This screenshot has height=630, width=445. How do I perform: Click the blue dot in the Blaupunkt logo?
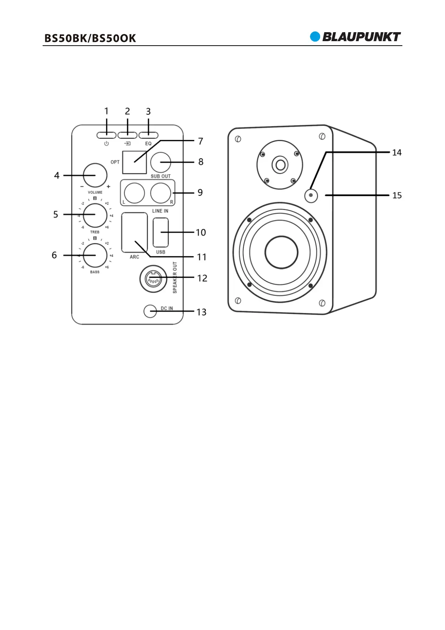coord(315,37)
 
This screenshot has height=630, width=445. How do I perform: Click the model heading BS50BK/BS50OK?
coord(90,38)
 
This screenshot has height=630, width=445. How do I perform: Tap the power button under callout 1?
coord(106,135)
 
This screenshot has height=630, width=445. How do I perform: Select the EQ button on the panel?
coord(148,135)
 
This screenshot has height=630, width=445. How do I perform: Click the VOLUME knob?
coord(95,175)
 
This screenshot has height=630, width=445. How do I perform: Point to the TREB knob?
coord(95,215)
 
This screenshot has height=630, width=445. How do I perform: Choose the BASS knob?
coord(95,256)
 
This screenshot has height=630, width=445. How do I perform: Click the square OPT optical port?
coord(134,162)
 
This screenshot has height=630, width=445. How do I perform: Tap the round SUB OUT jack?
coord(160,162)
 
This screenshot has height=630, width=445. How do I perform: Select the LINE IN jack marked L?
coord(134,193)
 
